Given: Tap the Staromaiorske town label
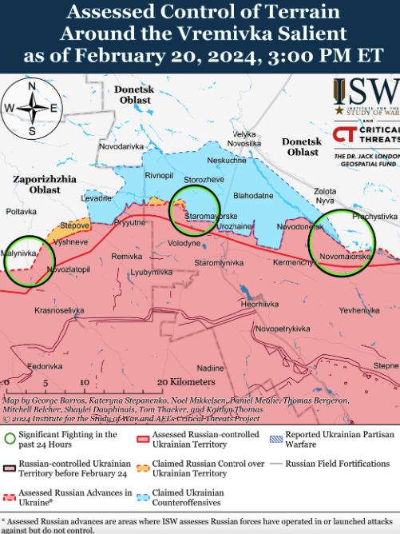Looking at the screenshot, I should pyautogui.click(x=210, y=217).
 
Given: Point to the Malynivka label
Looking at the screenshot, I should pyautogui.click(x=20, y=253).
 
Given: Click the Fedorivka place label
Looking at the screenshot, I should pyautogui.click(x=45, y=365).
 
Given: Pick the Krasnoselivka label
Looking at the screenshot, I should pyautogui.click(x=59, y=309).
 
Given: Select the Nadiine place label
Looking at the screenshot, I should pyautogui.click(x=211, y=368).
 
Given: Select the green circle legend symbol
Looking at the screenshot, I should pyautogui.click(x=10, y=437).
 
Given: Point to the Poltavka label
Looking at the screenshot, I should pyautogui.click(x=22, y=212).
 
